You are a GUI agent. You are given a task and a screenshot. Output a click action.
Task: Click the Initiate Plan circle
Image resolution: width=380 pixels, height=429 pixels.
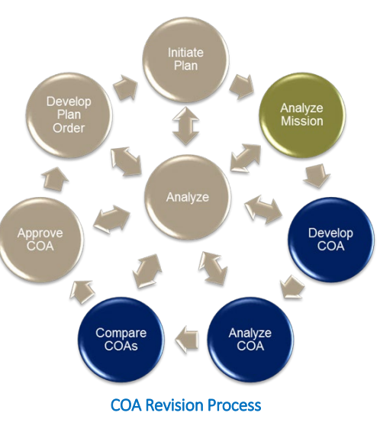tap(186, 60)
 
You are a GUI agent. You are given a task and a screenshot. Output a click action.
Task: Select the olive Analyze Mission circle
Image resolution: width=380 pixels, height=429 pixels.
tap(302, 115)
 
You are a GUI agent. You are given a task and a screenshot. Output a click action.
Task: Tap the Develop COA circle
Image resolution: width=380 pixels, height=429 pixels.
tap(331, 240)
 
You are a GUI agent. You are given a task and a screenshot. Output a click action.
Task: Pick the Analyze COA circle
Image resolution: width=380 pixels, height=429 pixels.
tap(250, 340)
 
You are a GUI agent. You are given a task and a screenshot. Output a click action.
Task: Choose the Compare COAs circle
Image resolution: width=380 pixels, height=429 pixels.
tap(121, 340)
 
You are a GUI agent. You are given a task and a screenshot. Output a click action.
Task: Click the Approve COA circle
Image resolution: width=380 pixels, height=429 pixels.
tap(40, 240)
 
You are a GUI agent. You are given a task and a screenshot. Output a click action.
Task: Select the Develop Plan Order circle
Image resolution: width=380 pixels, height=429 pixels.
tap(69, 115)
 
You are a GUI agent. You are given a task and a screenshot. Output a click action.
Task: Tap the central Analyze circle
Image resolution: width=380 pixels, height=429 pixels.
tap(188, 197)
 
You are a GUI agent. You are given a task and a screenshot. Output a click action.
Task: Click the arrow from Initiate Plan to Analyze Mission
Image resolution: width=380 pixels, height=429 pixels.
tap(242, 86)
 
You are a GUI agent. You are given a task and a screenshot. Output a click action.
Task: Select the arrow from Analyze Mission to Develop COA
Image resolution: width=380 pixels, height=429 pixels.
tap(317, 176)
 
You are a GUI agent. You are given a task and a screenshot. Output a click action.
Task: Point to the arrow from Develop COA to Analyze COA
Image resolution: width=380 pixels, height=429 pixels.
tap(291, 287)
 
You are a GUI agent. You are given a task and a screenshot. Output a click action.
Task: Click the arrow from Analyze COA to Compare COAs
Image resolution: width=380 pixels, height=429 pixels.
tap(187, 339)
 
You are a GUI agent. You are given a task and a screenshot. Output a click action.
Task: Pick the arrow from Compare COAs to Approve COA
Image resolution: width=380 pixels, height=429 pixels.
tap(82, 292)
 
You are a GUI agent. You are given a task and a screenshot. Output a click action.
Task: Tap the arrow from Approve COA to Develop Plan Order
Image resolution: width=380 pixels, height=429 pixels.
tap(56, 179)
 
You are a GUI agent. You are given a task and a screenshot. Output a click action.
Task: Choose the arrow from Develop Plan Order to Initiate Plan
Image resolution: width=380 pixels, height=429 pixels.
tap(126, 88)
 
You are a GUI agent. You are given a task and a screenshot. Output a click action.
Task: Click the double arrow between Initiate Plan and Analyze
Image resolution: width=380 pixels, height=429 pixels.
tap(186, 126)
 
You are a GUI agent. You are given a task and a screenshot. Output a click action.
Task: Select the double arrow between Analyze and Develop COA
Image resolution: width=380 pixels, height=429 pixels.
tap(263, 209)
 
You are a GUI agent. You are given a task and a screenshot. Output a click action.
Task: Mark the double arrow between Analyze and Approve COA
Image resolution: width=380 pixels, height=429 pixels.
tap(111, 219)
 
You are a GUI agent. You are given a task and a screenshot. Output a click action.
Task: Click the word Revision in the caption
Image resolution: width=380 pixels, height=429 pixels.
tap(175, 405)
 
